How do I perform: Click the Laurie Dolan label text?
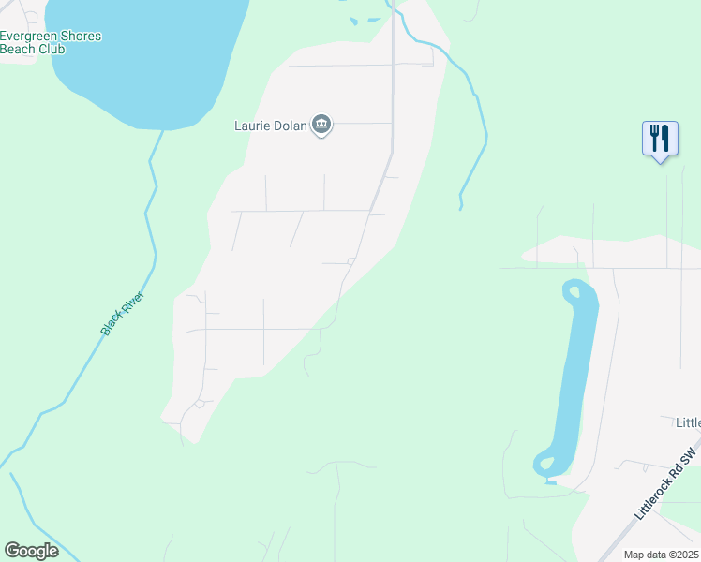point(270,126)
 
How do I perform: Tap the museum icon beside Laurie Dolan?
point(321,125)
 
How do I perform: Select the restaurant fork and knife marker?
point(660,139)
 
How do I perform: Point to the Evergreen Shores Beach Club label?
point(51,42)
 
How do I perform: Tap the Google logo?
point(31,551)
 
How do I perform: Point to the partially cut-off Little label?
point(688,423)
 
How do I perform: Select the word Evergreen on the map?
point(32,36)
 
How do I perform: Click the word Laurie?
point(251,126)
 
